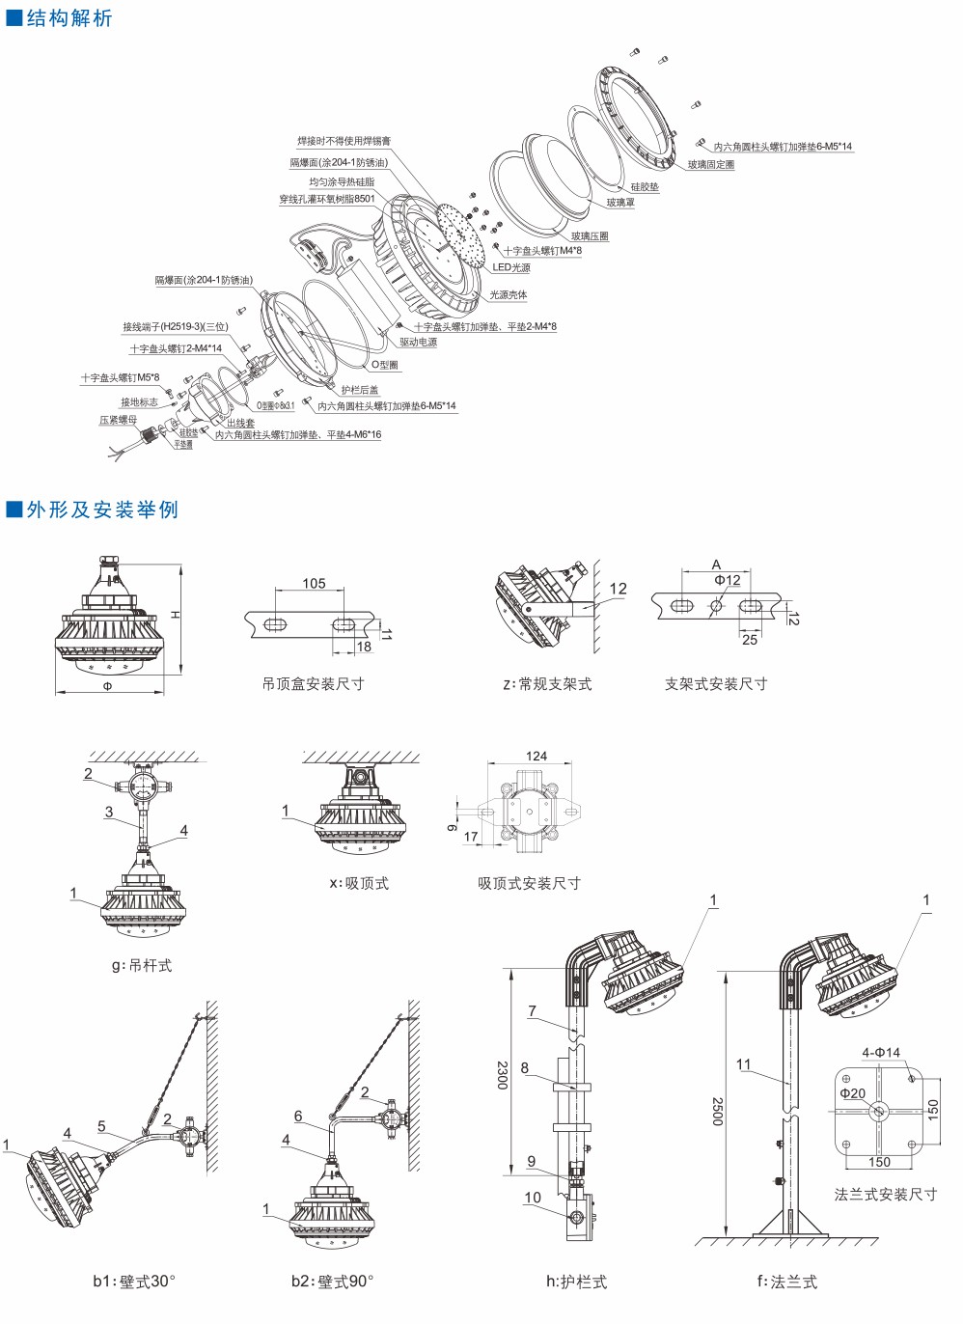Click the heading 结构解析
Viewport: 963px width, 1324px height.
[69, 17]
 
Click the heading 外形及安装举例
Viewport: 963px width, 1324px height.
[102, 509]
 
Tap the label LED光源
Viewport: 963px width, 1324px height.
[511, 267]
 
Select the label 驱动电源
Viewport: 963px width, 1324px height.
[419, 342]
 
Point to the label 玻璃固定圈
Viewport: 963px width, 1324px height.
[711, 165]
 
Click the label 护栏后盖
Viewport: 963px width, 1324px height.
[360, 390]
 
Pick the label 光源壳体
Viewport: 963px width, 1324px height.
[509, 294]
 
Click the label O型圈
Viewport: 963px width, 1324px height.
[385, 365]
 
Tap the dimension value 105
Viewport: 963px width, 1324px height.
[314, 583]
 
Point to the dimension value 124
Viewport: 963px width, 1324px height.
[537, 756]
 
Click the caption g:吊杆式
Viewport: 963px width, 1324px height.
[142, 964]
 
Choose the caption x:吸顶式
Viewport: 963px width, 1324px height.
[359, 883]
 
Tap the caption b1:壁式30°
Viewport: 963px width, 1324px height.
[134, 1281]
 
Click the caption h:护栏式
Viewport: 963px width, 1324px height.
[576, 1282]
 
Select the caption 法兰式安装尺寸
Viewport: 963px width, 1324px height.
[885, 1194]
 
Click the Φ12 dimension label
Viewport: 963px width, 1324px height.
[728, 580]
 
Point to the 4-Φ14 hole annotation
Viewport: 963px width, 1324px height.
[881, 1052]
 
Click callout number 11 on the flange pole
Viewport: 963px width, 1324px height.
[743, 1064]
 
